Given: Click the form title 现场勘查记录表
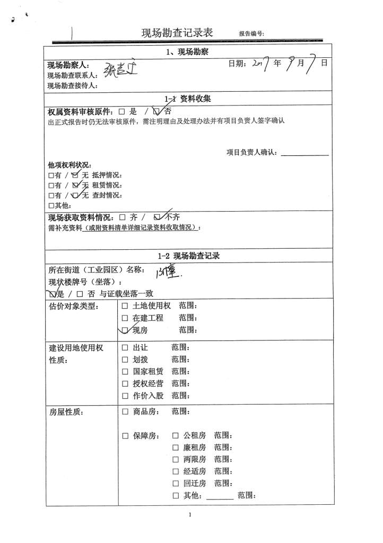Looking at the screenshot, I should click(x=177, y=33).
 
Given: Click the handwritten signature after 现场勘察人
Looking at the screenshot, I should click(x=120, y=69).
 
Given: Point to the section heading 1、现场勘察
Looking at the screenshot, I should click(x=187, y=52).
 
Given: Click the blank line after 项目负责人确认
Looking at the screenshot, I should click(x=304, y=153).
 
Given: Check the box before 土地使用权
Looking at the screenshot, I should click(x=125, y=306).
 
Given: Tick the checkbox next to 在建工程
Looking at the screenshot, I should click(x=125, y=318).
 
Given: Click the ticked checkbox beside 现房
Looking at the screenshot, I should click(x=125, y=330).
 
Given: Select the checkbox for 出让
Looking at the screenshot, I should click(x=125, y=348).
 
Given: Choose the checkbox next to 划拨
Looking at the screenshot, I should click(x=125, y=360).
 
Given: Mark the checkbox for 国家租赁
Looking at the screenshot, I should click(x=125, y=372).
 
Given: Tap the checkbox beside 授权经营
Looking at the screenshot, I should click(x=125, y=384).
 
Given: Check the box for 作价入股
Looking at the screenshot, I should click(x=125, y=396).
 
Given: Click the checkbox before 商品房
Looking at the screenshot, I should click(x=125, y=411).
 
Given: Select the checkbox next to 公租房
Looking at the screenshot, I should click(x=176, y=436).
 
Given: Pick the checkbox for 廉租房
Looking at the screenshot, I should click(x=176, y=448).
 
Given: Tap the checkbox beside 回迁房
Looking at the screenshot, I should click(x=176, y=484).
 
